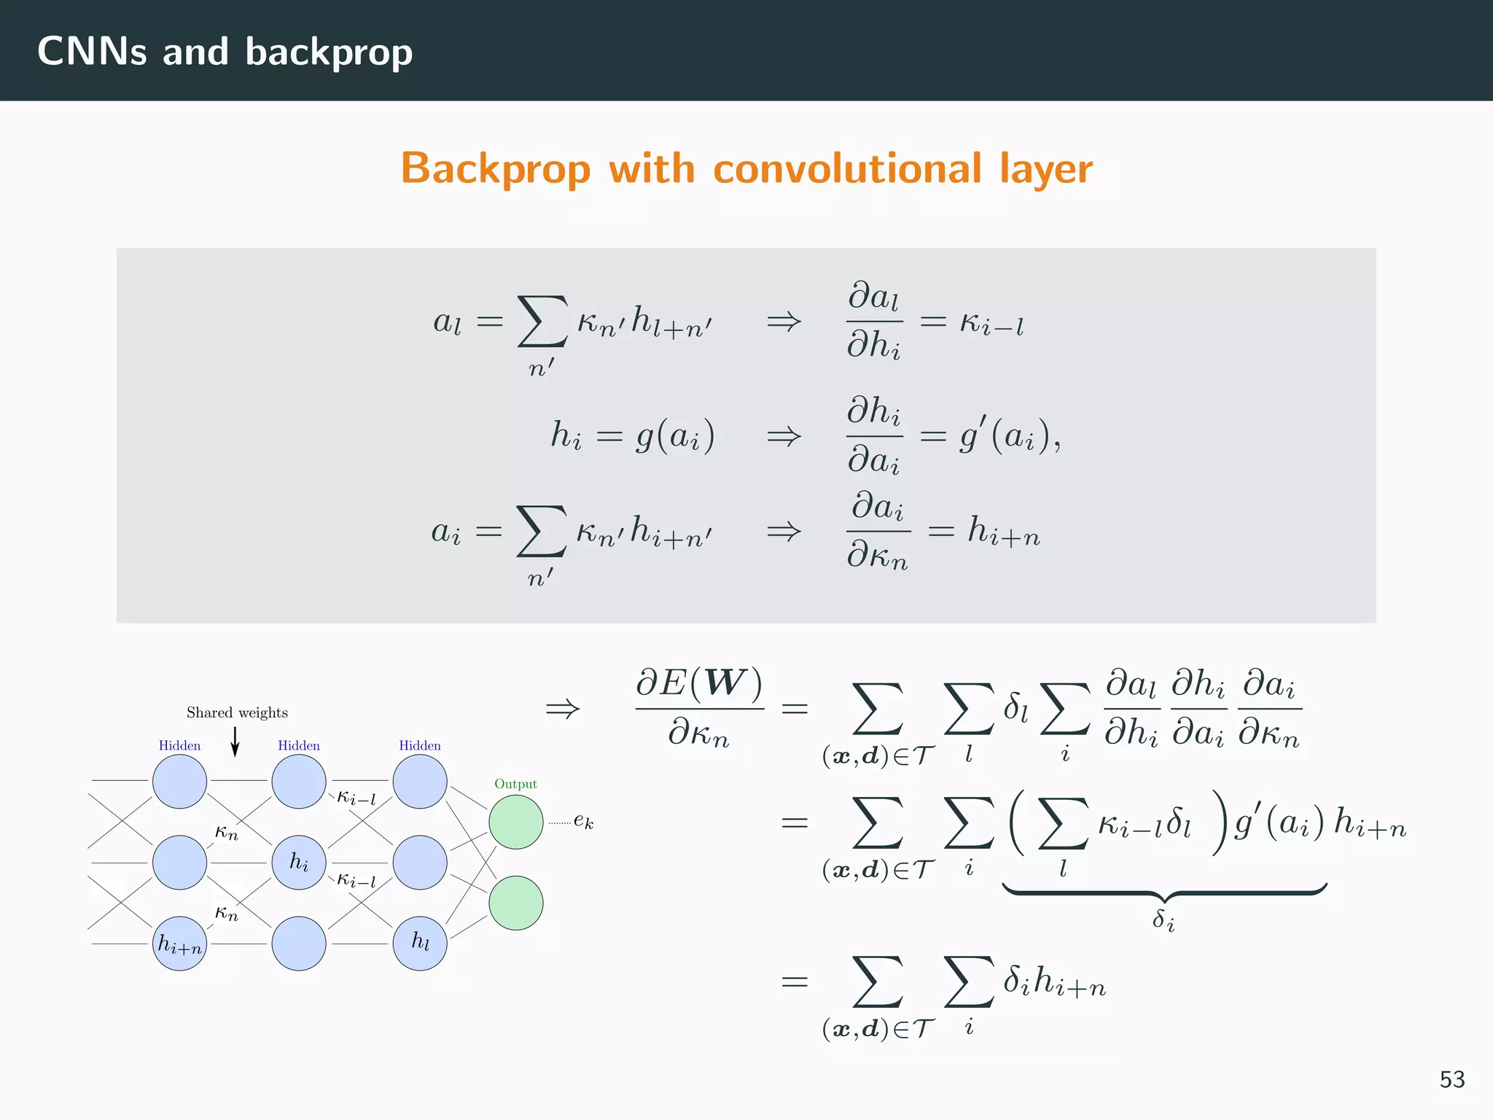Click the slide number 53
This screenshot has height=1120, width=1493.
click(x=1451, y=1079)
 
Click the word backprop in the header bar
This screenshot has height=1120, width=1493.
click(x=329, y=52)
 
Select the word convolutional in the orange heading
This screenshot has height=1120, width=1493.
click(x=847, y=168)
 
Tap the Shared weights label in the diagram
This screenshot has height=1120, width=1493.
click(x=237, y=712)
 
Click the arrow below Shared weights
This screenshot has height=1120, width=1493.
click(x=235, y=742)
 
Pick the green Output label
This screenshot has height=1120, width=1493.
click(x=515, y=784)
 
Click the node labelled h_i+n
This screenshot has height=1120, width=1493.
click(x=179, y=944)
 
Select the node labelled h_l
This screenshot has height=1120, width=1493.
click(x=420, y=944)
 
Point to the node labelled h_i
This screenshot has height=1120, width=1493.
click(x=299, y=863)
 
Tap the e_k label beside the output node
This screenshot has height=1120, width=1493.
click(x=583, y=821)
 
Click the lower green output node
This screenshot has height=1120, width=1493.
click(x=516, y=903)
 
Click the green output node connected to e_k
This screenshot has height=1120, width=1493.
click(x=516, y=822)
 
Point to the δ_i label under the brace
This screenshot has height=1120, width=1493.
click(x=1163, y=920)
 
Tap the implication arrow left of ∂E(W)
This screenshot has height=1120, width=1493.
click(x=563, y=708)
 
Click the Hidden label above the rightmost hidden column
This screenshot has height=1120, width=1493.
click(x=420, y=745)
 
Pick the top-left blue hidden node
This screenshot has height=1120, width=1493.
click(x=179, y=782)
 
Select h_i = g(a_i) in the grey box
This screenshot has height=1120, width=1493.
click(x=632, y=436)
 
